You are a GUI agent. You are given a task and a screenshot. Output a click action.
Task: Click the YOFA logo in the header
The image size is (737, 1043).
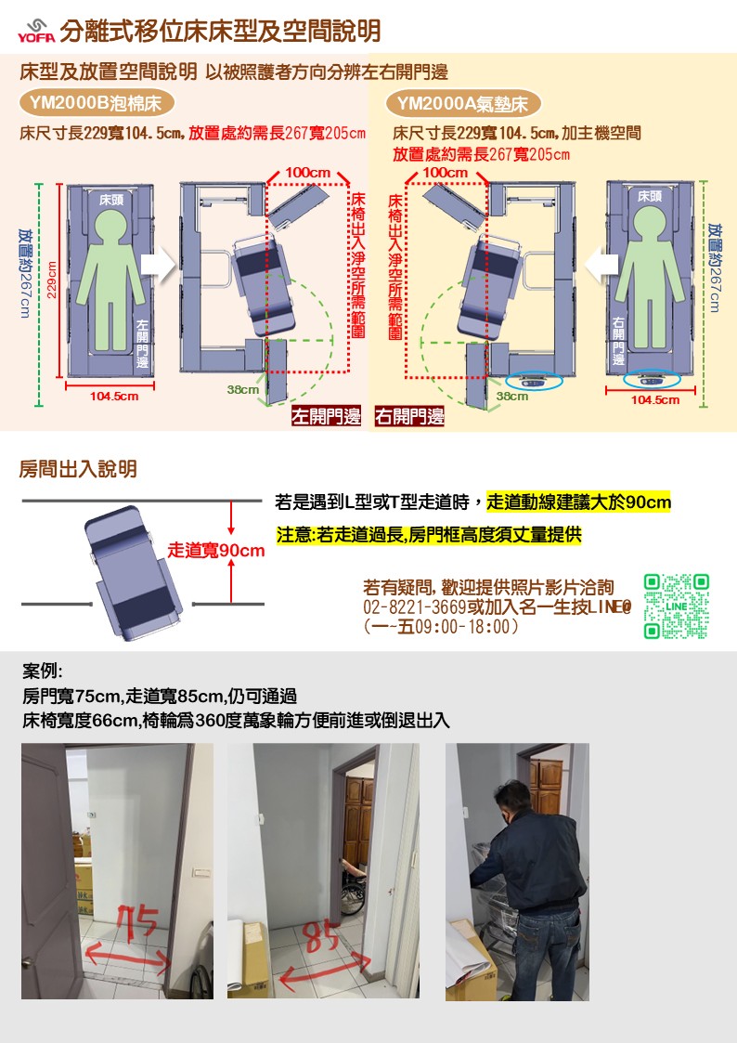pos(36,32)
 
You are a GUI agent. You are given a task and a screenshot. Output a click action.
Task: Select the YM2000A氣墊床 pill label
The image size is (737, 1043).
pos(463,104)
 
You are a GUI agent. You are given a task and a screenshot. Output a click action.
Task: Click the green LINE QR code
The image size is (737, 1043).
pos(676,606)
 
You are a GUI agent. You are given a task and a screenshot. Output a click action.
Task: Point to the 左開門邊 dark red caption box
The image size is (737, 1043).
pos(326,416)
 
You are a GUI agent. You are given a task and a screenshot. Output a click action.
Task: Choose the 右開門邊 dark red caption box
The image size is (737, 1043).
pos(409,416)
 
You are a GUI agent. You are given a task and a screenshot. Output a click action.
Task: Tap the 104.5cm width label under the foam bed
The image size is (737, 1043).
pos(114,397)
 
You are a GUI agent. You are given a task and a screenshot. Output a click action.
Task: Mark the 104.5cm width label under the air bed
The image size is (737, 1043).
pos(655,399)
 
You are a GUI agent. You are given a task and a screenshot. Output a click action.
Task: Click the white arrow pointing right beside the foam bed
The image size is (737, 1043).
pos(159,265)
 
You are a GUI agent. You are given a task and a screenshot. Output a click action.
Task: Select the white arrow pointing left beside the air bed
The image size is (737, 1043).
pos(601,265)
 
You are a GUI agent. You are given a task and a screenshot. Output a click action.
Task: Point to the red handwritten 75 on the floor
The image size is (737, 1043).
pos(137,922)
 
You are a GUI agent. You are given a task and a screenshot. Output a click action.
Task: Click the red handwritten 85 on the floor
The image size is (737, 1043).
pos(322,937)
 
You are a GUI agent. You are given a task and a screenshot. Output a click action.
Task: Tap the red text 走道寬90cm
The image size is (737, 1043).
pos(216,551)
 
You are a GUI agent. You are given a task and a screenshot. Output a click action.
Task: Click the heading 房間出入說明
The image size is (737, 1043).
pos(78,469)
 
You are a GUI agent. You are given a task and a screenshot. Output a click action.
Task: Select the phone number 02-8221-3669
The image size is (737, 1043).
pos(415,606)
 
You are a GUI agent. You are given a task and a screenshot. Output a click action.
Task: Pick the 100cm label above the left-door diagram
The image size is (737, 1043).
pos(307,173)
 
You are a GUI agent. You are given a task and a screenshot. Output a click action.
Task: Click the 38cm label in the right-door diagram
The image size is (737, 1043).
pos(512,397)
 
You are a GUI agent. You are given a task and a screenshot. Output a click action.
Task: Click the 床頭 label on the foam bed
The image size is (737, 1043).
pos(111,200)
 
